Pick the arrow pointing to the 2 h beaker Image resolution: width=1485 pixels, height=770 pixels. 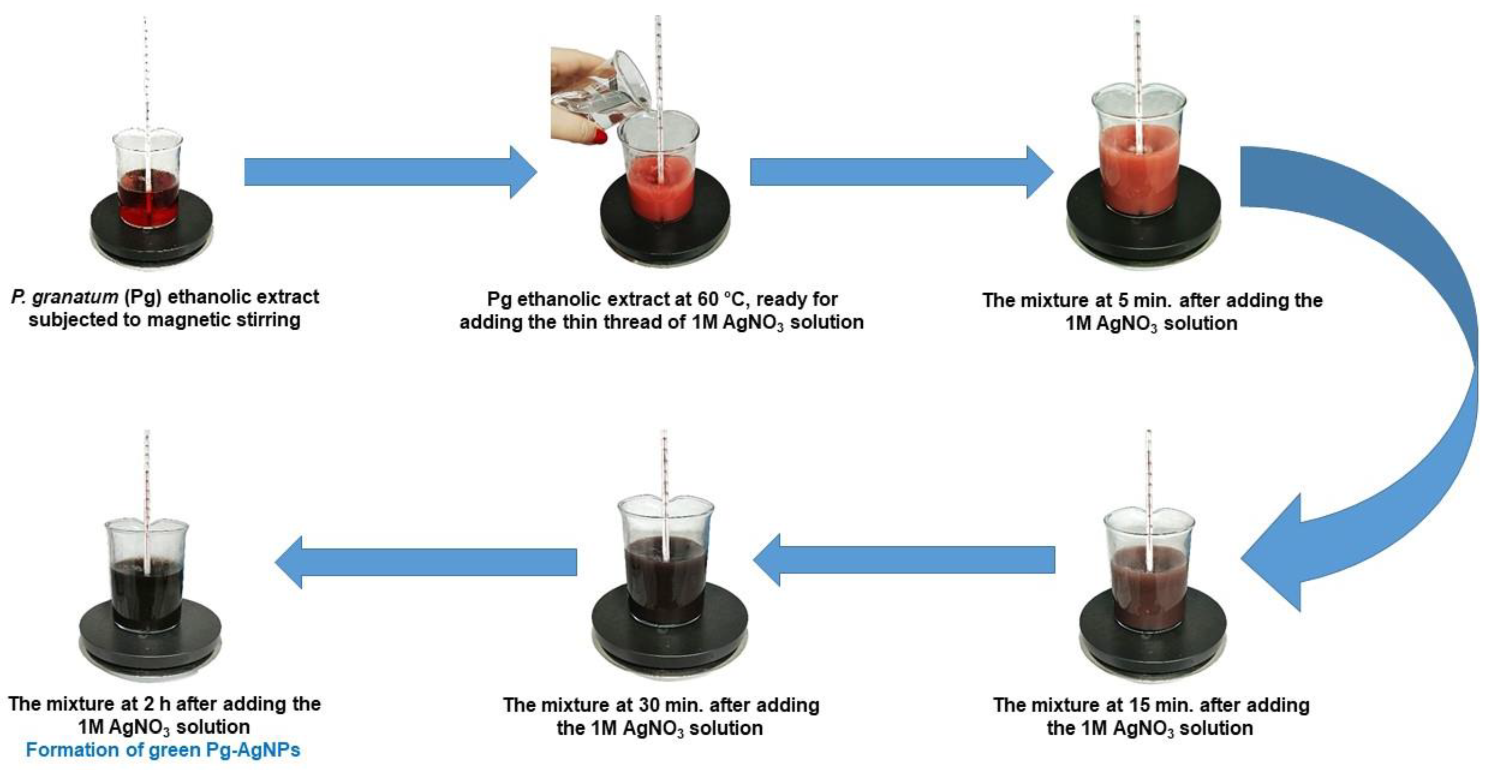pos(426,561)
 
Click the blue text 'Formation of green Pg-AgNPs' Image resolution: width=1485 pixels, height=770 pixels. pos(163,750)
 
